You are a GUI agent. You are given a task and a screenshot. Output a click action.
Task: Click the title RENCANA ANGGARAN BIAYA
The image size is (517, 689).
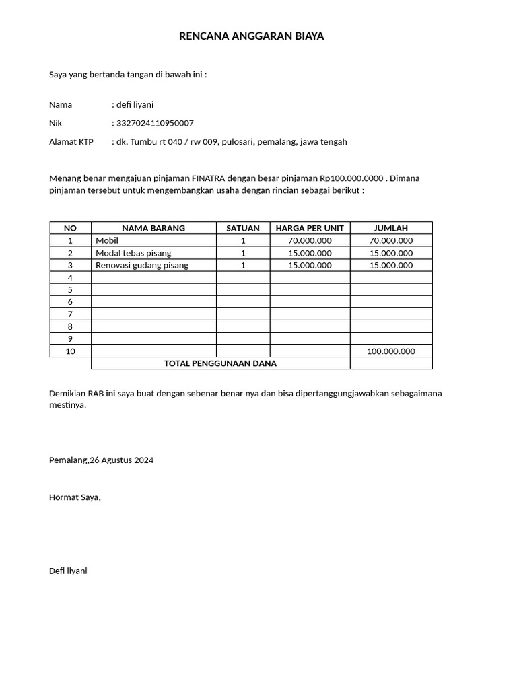pos(251,36)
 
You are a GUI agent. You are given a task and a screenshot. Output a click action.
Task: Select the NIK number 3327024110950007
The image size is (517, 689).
pos(155,123)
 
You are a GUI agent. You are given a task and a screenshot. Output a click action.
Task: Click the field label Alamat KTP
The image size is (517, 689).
pos(71,142)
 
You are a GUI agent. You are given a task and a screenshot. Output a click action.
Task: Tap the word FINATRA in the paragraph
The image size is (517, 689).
pos(209,178)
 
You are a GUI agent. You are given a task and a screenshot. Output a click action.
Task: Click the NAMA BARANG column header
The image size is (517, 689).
pos(153,228)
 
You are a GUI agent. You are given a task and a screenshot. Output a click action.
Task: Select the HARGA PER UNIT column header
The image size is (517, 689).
pos(310,228)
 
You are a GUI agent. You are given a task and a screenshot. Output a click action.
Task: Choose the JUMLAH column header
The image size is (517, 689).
pos(390,228)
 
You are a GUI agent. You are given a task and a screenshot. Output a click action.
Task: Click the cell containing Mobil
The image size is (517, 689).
pos(107,240)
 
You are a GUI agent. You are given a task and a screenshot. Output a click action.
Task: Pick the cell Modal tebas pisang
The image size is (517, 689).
pos(133,253)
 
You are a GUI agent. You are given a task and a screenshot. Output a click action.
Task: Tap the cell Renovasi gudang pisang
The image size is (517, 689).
pos(142,265)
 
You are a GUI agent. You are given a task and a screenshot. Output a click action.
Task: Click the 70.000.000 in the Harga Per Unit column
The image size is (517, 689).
pos(310,240)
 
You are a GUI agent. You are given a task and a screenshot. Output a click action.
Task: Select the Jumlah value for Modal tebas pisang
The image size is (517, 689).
pos(390,253)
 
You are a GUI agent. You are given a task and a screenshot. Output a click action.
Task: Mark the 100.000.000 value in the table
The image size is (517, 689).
pos(390,351)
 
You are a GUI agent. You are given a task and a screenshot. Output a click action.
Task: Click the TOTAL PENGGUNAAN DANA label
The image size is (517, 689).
pos(220,363)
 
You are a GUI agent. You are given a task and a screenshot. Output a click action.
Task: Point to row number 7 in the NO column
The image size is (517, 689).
pos(70,314)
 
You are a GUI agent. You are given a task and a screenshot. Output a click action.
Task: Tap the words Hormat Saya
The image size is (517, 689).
pos(75,497)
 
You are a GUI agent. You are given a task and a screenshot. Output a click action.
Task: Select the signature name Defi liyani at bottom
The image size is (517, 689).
pos(68,571)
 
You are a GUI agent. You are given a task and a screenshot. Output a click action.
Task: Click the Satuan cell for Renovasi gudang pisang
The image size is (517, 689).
pos(243,265)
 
